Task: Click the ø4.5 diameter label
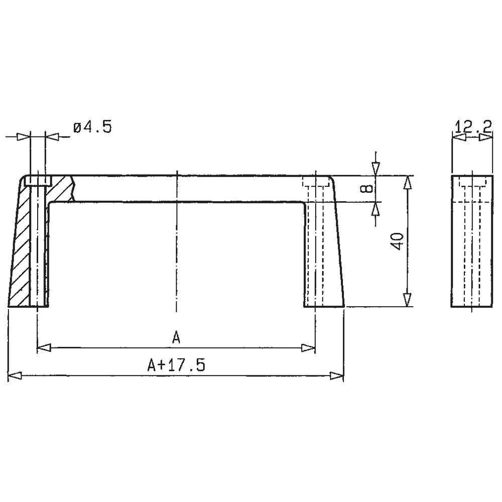click(92, 127)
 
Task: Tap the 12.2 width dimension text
click(472, 126)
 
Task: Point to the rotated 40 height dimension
click(398, 241)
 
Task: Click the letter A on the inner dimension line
click(176, 337)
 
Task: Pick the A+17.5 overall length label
click(176, 365)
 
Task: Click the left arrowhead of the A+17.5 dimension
click(15, 375)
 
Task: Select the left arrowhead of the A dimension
click(45, 347)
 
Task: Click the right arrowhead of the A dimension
click(308, 347)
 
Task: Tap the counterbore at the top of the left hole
click(38, 181)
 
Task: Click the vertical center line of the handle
click(176, 251)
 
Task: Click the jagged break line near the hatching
click(73, 188)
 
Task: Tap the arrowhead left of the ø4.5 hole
click(23, 137)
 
